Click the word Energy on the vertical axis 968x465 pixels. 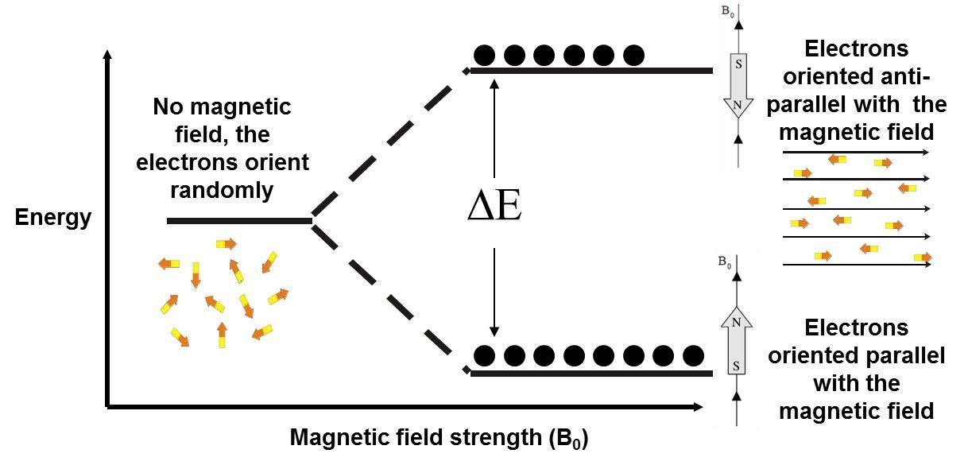(53, 218)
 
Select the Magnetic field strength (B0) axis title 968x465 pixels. (439, 437)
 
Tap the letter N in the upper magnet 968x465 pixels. (738, 104)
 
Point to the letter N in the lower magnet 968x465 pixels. (736, 322)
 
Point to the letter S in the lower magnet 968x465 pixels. (736, 366)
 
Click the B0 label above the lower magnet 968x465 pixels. (724, 261)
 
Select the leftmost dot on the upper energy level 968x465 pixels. (485, 55)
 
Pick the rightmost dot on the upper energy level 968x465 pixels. (633, 55)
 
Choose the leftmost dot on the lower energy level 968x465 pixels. (485, 355)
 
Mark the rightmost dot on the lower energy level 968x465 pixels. (693, 355)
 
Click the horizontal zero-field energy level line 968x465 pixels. (238, 220)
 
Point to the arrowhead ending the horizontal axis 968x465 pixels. (699, 407)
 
